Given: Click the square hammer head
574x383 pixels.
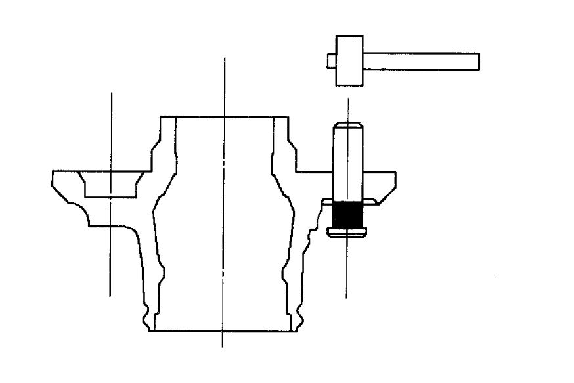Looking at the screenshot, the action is (349, 61).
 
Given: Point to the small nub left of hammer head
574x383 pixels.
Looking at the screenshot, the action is (331, 61).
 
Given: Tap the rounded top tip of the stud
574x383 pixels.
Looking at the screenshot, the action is (347, 125).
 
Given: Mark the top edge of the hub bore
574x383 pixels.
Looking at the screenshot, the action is (224, 117).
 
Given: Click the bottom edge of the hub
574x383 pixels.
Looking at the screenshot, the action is (224, 330).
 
